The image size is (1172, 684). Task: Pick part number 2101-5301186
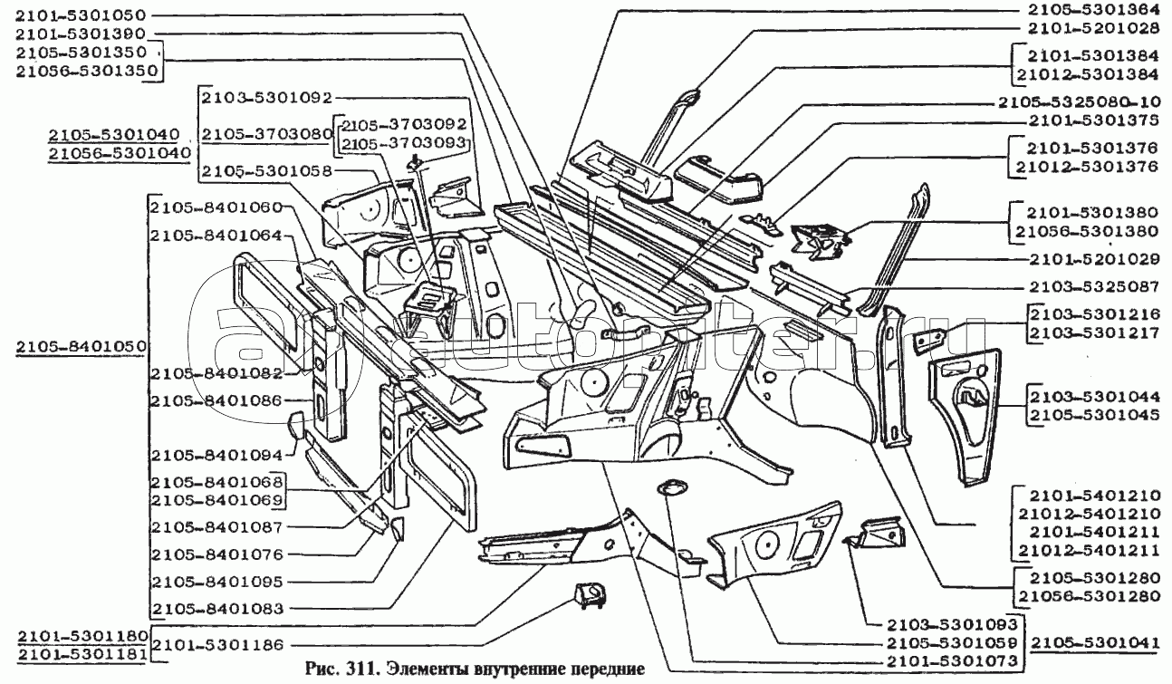(x=218, y=644)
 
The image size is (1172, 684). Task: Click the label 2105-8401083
(x=218, y=609)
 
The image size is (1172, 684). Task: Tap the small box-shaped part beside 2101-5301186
(x=589, y=595)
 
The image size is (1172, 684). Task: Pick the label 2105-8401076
(x=218, y=554)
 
